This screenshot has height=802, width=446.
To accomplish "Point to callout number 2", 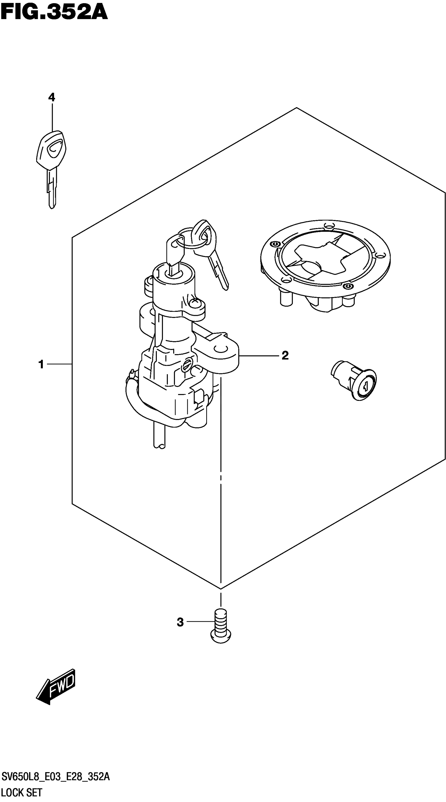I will (285, 355).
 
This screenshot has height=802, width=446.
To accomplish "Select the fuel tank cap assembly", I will (325, 265).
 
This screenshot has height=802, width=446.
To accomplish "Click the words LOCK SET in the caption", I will (22, 792).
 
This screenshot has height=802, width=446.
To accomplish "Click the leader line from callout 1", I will (59, 364).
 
